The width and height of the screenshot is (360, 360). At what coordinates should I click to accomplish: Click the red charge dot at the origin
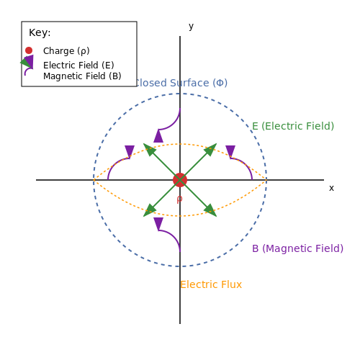180,180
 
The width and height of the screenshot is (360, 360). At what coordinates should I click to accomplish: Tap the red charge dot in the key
29,50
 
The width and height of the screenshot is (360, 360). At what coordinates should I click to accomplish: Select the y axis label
191,27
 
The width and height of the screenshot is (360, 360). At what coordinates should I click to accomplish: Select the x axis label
331,188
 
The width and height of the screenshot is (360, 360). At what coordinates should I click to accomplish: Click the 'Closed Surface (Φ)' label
181,83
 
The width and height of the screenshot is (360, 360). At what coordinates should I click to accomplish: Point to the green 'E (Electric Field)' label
293,126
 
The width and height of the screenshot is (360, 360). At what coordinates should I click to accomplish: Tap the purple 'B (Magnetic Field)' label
297,248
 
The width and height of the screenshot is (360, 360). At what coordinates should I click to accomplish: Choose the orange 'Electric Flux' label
211,284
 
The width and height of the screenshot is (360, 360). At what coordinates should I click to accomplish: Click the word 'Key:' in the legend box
40,32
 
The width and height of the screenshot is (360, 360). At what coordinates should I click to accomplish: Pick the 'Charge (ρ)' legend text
66,51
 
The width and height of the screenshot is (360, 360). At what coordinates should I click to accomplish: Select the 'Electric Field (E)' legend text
78,65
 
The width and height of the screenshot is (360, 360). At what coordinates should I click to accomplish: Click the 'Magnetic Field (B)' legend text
82,76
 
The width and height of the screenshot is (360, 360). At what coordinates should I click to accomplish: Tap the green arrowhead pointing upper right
211,150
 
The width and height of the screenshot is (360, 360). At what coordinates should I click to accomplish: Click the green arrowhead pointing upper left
149,150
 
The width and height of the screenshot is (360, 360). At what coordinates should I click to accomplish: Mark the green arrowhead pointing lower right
211,210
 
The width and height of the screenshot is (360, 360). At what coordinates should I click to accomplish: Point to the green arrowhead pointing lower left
149,210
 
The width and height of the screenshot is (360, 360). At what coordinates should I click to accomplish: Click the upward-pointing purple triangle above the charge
158,136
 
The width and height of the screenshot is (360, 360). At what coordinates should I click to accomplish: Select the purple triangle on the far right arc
230,151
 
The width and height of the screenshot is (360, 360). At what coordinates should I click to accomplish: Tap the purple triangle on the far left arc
130,151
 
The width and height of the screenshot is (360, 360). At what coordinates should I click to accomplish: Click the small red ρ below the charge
179,199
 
